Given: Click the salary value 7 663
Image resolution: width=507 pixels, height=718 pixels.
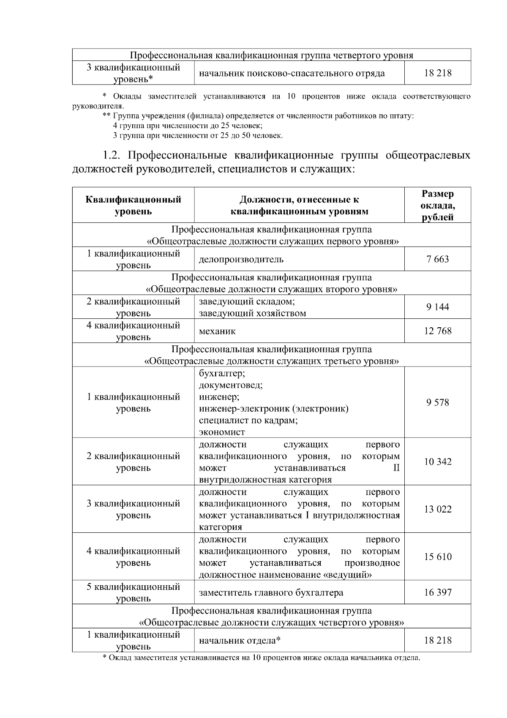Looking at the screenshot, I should (x=438, y=259).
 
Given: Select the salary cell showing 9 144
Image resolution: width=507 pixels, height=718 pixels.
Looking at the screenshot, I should (x=438, y=307).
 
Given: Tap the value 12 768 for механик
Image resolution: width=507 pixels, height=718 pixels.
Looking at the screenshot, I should (x=438, y=331).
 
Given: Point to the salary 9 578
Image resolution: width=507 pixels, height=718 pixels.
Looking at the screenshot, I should (x=438, y=402).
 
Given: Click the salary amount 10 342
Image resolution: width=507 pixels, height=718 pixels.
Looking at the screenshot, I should (x=438, y=462).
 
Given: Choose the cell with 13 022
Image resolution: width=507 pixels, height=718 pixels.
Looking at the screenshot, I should (x=438, y=509).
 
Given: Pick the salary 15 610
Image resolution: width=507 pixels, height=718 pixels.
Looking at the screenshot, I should (x=438, y=557).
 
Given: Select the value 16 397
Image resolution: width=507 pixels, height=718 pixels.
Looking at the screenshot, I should (x=438, y=592).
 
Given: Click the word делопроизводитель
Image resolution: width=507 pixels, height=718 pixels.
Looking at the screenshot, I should (x=241, y=259).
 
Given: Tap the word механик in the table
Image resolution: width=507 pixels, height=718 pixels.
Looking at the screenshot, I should (x=217, y=331).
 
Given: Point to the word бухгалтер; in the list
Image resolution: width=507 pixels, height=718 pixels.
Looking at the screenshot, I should (x=222, y=373).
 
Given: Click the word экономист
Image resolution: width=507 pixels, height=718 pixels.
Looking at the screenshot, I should (x=222, y=432).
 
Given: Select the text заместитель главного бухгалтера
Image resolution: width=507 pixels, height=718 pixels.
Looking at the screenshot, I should (x=271, y=592).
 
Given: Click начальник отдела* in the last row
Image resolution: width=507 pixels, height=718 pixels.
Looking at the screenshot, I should (x=240, y=640).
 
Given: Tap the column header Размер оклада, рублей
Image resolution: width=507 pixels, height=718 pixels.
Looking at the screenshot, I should (x=438, y=206).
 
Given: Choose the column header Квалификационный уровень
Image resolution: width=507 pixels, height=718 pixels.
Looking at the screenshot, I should (x=133, y=206).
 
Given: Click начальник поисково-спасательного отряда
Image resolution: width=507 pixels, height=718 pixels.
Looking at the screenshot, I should (x=292, y=73).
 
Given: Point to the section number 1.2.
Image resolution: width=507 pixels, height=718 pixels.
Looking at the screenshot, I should (x=113, y=155).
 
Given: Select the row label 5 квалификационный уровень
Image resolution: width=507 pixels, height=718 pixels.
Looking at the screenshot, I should (x=133, y=592).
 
